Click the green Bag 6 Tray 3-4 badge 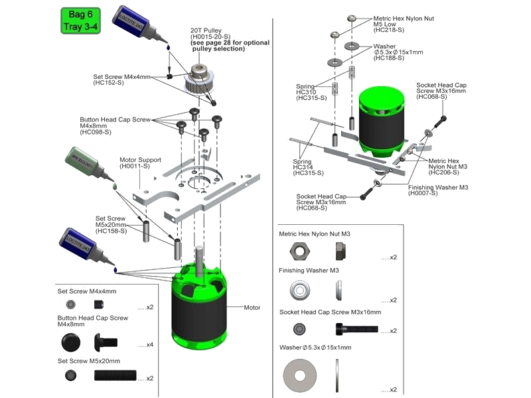(x=80, y=21)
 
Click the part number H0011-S (x=135, y=166)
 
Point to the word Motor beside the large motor (x=252, y=308)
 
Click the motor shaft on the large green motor (x=199, y=257)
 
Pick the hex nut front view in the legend (x=300, y=251)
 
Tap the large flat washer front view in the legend (x=300, y=375)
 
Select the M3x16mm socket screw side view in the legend (x=357, y=329)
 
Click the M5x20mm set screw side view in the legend (x=115, y=375)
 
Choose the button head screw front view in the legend (x=71, y=342)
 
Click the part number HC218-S (x=389, y=30)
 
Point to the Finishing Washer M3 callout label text (x=438, y=187)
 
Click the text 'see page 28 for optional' (x=230, y=42)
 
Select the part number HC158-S (x=111, y=231)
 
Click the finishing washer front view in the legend (x=300, y=290)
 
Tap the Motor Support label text (x=140, y=160)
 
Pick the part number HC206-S (x=443, y=172)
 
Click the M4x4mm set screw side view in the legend (x=99, y=304)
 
